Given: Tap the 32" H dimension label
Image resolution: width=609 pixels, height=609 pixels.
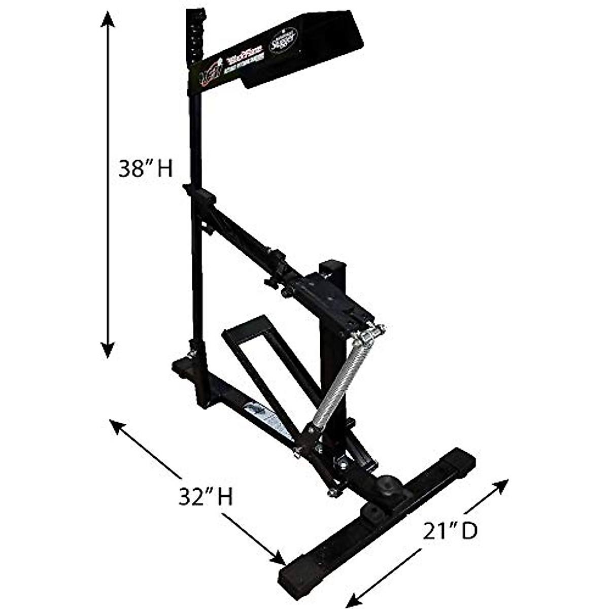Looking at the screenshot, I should pyautogui.click(x=206, y=497).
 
